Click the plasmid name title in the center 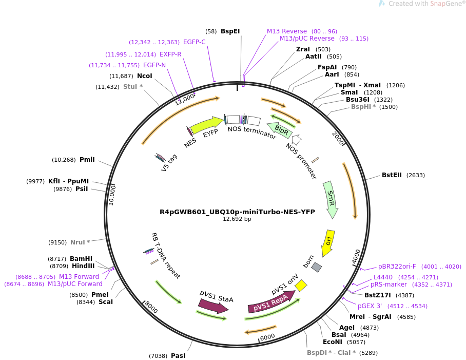(237, 212)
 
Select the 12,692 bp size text (237, 219)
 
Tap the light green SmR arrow (331, 199)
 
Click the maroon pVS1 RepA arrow (271, 302)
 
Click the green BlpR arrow (282, 131)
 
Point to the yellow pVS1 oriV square (301, 285)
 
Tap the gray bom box (317, 268)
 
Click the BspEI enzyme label (230, 31)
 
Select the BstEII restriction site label (392, 175)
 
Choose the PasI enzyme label (178, 355)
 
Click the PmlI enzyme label (87, 160)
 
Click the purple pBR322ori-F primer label (397, 267)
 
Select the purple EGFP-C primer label (195, 42)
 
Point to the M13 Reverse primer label (286, 31)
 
